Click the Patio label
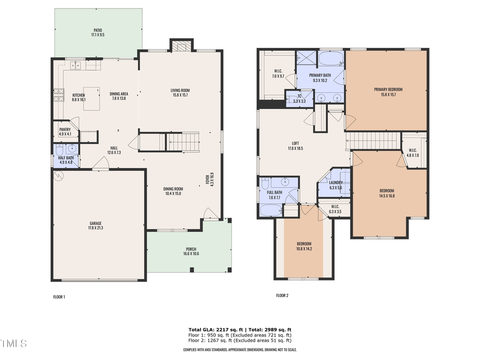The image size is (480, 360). click(98, 30)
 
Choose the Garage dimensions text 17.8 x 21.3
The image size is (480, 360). click(95, 228)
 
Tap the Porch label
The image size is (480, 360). click(191, 249)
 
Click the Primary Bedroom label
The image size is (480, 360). click(388, 89)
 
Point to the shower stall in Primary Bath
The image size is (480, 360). click(306, 57)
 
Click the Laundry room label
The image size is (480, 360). click(335, 182)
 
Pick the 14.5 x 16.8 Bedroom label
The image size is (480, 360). click(387, 191)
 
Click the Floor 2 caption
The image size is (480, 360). click(282, 295)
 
